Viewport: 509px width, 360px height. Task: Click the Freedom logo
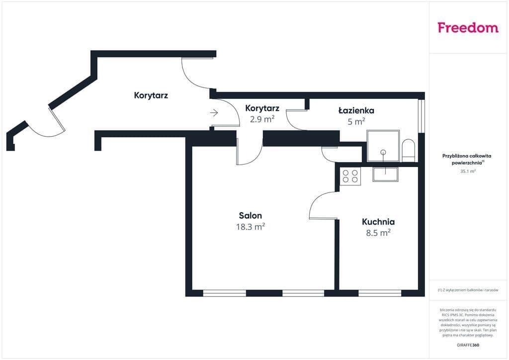[468, 27]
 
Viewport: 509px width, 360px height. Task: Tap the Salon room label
[251, 215]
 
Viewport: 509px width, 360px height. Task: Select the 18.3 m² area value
[251, 227]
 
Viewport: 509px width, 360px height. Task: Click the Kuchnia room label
[378, 222]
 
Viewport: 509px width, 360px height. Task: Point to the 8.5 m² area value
[378, 233]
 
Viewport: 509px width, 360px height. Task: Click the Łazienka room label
[356, 110]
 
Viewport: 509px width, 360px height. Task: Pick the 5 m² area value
[356, 121]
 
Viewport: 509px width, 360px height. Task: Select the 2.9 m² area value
[262, 119]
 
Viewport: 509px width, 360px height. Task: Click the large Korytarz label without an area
[151, 95]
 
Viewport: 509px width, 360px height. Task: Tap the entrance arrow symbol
[214, 113]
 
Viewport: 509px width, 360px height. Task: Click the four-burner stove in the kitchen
[350, 176]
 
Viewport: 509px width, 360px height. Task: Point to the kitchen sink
[385, 175]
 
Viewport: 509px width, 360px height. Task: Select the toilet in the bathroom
[409, 151]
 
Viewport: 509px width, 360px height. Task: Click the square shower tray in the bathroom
[383, 146]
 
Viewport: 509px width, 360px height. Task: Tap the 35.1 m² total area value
[468, 171]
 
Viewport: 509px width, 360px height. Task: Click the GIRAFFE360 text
[468, 345]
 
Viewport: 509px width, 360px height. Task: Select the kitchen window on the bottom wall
[380, 293]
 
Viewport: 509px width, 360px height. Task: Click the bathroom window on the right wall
[422, 115]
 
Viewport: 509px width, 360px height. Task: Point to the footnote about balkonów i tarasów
[468, 290]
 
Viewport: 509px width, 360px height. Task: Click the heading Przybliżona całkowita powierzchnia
[467, 159]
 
